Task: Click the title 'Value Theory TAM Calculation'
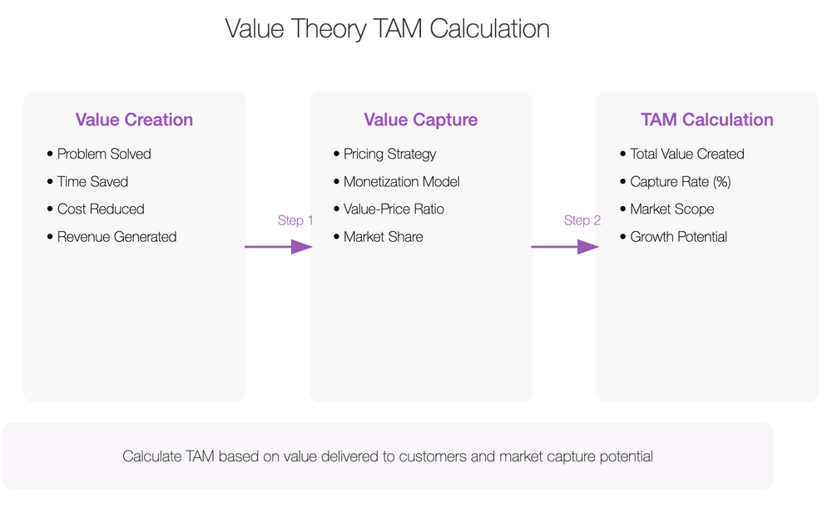click(x=387, y=29)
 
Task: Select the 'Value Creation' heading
click(x=134, y=120)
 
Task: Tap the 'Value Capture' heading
click(x=420, y=120)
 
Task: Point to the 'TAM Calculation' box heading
click(x=707, y=120)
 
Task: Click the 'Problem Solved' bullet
click(x=104, y=154)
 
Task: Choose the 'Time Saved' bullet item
click(x=92, y=181)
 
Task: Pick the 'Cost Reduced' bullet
click(x=101, y=209)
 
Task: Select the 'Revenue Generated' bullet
click(x=116, y=237)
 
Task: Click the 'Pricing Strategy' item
click(x=389, y=154)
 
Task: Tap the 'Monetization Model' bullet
click(x=401, y=181)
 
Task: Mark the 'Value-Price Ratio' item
click(x=394, y=209)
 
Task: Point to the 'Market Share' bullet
click(x=383, y=237)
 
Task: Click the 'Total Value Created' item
click(x=687, y=154)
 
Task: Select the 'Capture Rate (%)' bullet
click(x=681, y=181)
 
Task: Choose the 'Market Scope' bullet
click(x=672, y=209)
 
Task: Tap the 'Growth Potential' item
click(x=678, y=237)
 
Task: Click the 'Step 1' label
click(x=295, y=220)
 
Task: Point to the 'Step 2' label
click(x=582, y=220)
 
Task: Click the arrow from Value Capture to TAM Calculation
click(x=564, y=246)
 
